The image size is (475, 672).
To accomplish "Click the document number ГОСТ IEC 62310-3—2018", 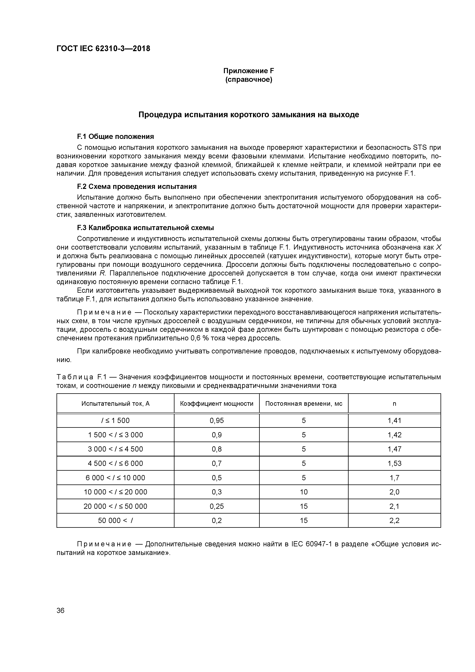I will [x=103, y=49].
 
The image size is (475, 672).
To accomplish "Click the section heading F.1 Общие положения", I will [x=115, y=137].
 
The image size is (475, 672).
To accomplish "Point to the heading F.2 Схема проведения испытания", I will [x=137, y=187].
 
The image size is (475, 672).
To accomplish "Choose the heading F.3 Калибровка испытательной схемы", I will [x=145, y=228].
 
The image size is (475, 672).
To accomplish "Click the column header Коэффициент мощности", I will [x=217, y=404].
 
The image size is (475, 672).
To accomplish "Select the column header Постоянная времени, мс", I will [x=304, y=404].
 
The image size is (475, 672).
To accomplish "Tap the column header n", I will [x=394, y=404].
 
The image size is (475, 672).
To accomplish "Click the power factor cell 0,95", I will [x=217, y=421].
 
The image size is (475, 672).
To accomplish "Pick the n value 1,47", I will [x=394, y=449].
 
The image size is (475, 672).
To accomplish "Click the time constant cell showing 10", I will [x=304, y=492].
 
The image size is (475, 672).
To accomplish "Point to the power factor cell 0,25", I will [x=217, y=506].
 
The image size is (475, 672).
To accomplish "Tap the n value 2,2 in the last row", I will [x=394, y=521].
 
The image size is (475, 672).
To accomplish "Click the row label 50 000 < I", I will [x=115, y=521].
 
